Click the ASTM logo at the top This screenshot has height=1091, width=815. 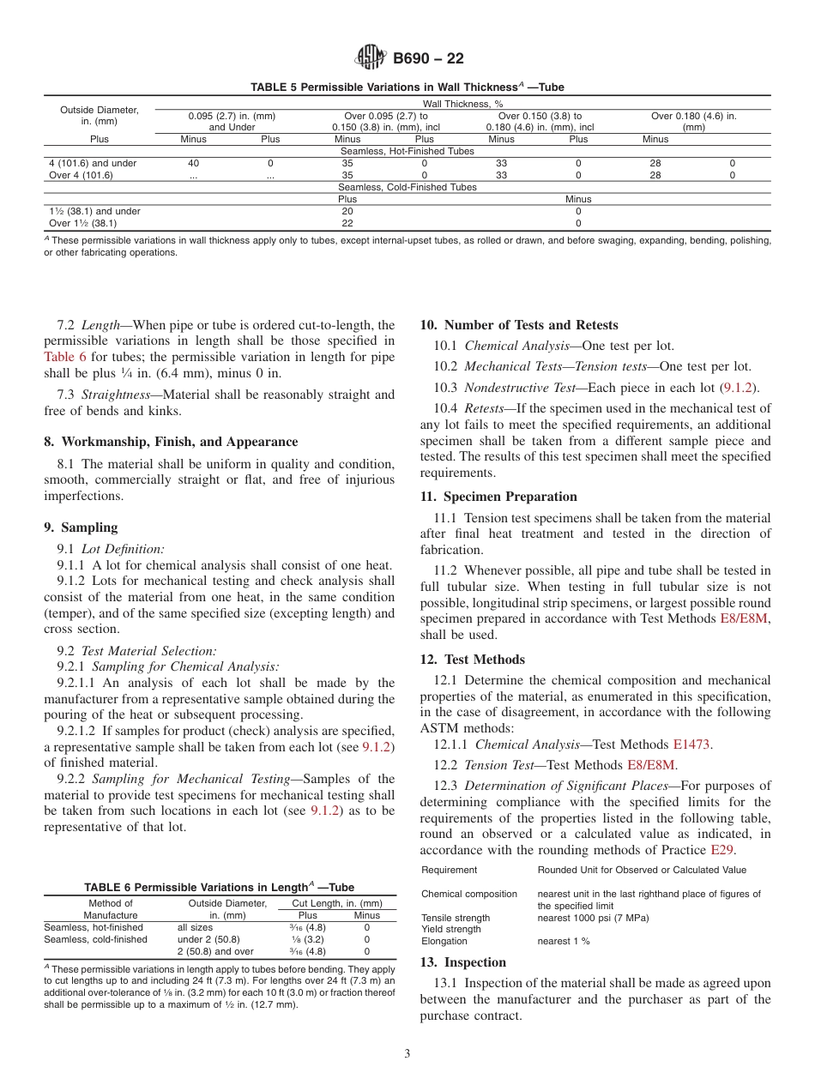(371, 58)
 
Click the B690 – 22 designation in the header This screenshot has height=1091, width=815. (428, 59)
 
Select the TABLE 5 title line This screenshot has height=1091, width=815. (407, 87)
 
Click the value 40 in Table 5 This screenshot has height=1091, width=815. (193, 163)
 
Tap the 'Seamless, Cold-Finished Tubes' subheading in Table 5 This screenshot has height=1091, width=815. (407, 187)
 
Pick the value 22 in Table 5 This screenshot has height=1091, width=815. (347, 223)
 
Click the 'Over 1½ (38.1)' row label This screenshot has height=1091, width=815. (81, 223)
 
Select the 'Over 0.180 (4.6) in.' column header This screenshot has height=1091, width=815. (693, 115)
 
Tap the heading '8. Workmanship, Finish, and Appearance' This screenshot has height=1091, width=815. (171, 442)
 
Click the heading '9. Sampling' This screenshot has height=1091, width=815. (81, 527)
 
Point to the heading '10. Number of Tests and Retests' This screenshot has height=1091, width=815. (518, 325)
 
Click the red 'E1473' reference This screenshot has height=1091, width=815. (691, 744)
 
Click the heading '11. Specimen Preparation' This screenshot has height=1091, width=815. (498, 497)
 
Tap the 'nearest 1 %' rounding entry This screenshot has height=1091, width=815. (564, 941)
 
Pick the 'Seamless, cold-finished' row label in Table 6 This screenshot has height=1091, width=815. (95, 939)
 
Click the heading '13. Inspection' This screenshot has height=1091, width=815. (463, 962)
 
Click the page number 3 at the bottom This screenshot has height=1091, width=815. (407, 1054)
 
